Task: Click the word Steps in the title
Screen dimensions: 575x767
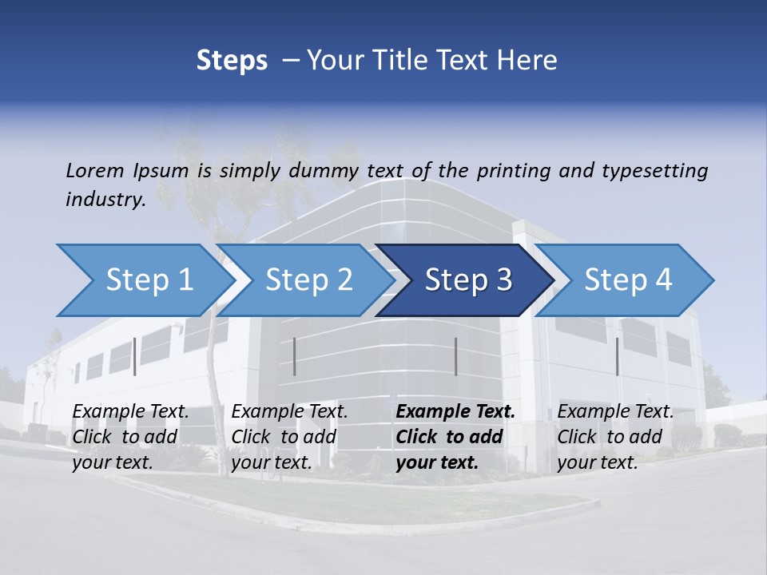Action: point(232,60)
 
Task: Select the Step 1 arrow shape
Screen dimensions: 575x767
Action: point(149,280)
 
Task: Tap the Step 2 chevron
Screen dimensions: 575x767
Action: point(308,280)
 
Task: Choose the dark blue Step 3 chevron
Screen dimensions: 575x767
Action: point(468,280)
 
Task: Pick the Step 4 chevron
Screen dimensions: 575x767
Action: point(628,280)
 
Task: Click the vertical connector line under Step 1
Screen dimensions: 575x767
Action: point(135,356)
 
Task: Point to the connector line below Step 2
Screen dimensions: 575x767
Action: point(295,356)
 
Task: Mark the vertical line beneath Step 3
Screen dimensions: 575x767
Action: point(455,356)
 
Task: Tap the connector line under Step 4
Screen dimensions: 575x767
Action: point(617,356)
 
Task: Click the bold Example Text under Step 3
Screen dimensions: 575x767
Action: point(455,412)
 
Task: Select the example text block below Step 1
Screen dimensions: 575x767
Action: point(130,437)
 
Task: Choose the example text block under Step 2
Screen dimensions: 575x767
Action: point(289,437)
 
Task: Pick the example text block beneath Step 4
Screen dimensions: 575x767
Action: point(615,437)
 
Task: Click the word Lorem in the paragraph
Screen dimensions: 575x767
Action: point(95,170)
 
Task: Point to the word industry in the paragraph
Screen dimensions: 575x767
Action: point(105,199)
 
